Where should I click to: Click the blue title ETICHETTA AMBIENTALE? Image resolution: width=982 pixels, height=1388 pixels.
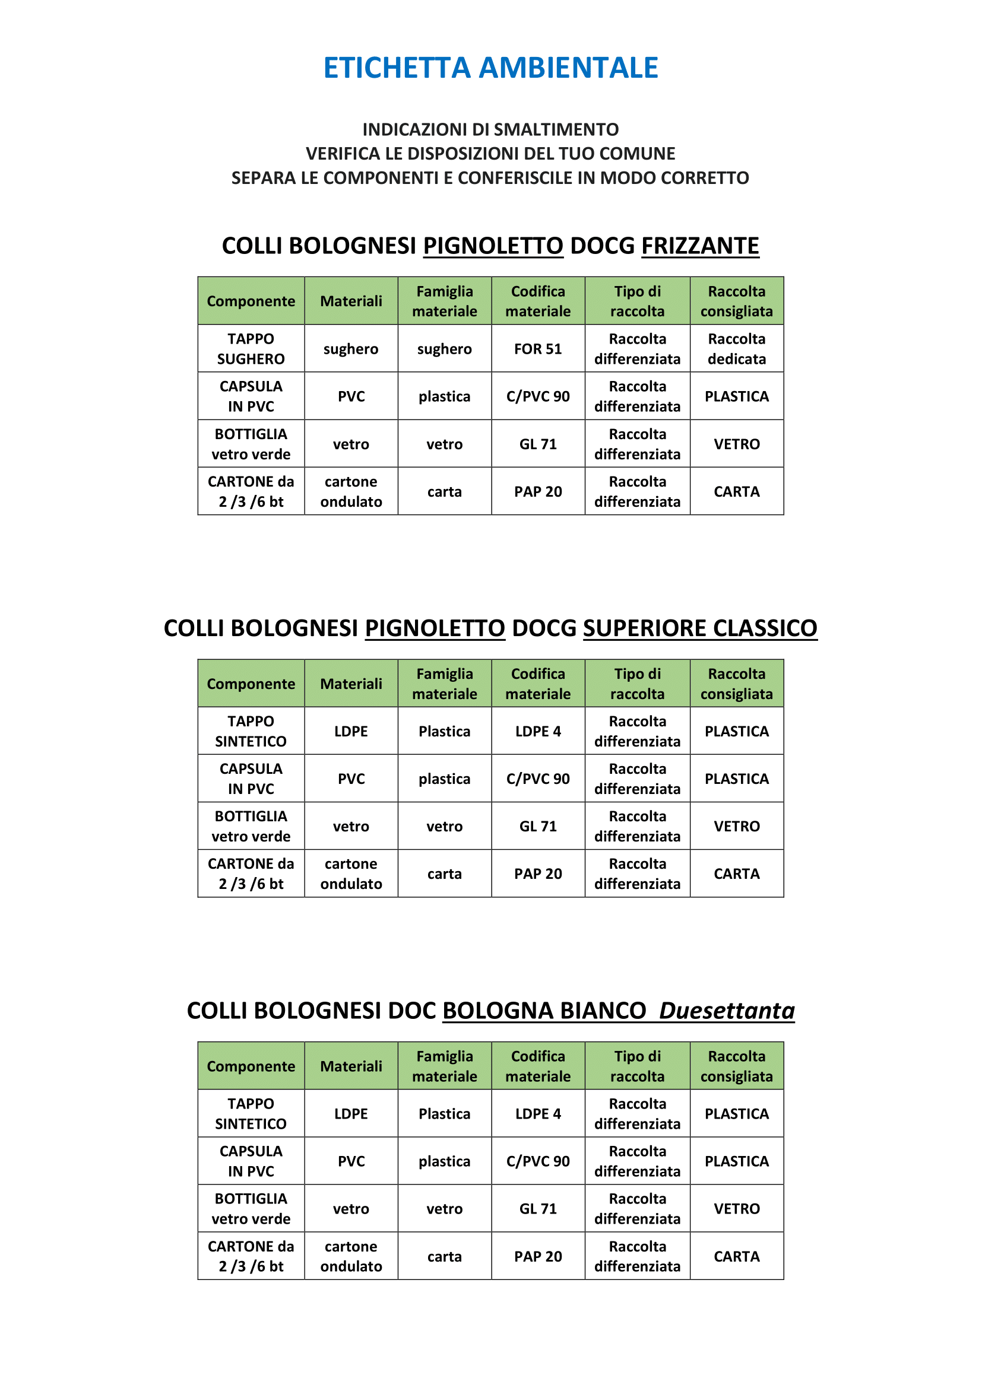click(x=490, y=68)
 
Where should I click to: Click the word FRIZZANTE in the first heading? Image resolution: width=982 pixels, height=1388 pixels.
click(x=699, y=246)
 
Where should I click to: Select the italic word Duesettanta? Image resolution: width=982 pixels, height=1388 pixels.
click(x=726, y=1011)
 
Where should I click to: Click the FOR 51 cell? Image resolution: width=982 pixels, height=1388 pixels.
click(x=537, y=349)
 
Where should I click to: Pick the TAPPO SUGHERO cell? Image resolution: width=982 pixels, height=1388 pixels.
click(x=251, y=349)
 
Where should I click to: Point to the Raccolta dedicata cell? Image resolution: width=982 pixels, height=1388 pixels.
click(x=736, y=349)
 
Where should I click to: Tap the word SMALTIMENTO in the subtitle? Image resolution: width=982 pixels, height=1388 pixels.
click(x=556, y=129)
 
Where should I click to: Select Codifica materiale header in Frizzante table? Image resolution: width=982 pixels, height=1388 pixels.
click(x=537, y=301)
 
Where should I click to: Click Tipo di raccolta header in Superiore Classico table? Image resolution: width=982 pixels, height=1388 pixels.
click(x=636, y=684)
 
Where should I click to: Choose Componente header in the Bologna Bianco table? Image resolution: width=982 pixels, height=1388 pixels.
click(x=251, y=1066)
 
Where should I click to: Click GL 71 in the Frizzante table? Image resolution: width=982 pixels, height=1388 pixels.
click(x=537, y=444)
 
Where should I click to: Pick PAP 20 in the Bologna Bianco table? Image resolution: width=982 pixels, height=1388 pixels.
click(x=537, y=1257)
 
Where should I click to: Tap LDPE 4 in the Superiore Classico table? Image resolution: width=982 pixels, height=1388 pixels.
click(x=537, y=732)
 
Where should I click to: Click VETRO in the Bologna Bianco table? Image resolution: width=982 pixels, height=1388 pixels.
click(x=736, y=1209)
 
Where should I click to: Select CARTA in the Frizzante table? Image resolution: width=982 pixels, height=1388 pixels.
click(x=736, y=491)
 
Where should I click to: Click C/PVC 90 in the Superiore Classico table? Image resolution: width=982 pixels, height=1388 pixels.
click(x=537, y=779)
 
